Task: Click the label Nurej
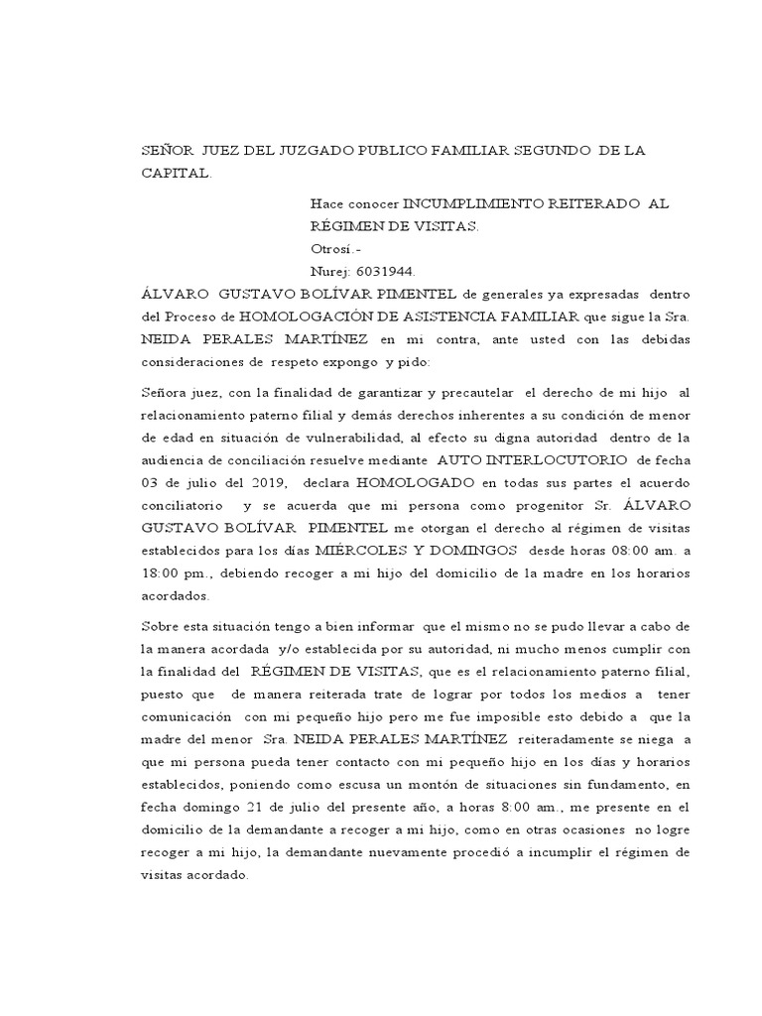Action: (x=328, y=270)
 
